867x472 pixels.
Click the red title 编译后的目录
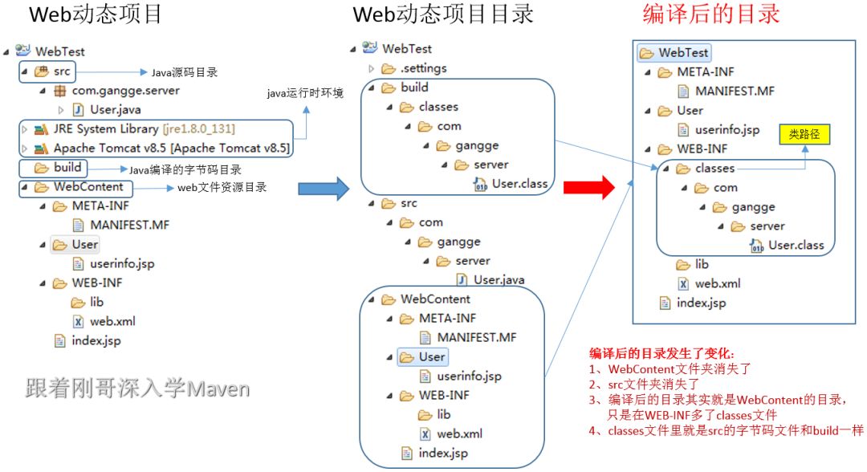pyautogui.click(x=711, y=14)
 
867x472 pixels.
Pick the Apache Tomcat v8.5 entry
pyautogui.click(x=171, y=149)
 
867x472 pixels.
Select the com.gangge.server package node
pyautogui.click(x=125, y=91)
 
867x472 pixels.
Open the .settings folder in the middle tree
pyautogui.click(x=424, y=68)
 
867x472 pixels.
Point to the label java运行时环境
pyautogui.click(x=305, y=94)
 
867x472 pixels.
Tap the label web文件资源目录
pyautogui.click(x=222, y=188)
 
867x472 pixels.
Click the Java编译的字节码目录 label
pyautogui.click(x=185, y=169)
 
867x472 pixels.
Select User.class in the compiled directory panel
pyautogui.click(x=796, y=246)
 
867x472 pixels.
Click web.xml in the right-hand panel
pyautogui.click(x=717, y=283)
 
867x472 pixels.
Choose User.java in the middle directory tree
pyautogui.click(x=498, y=280)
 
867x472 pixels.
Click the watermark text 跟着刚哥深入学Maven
pyautogui.click(x=137, y=389)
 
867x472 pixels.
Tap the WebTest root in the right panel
pyautogui.click(x=682, y=53)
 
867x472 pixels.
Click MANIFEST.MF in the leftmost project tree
pyautogui.click(x=129, y=225)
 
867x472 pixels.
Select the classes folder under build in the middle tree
pyautogui.click(x=438, y=107)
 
